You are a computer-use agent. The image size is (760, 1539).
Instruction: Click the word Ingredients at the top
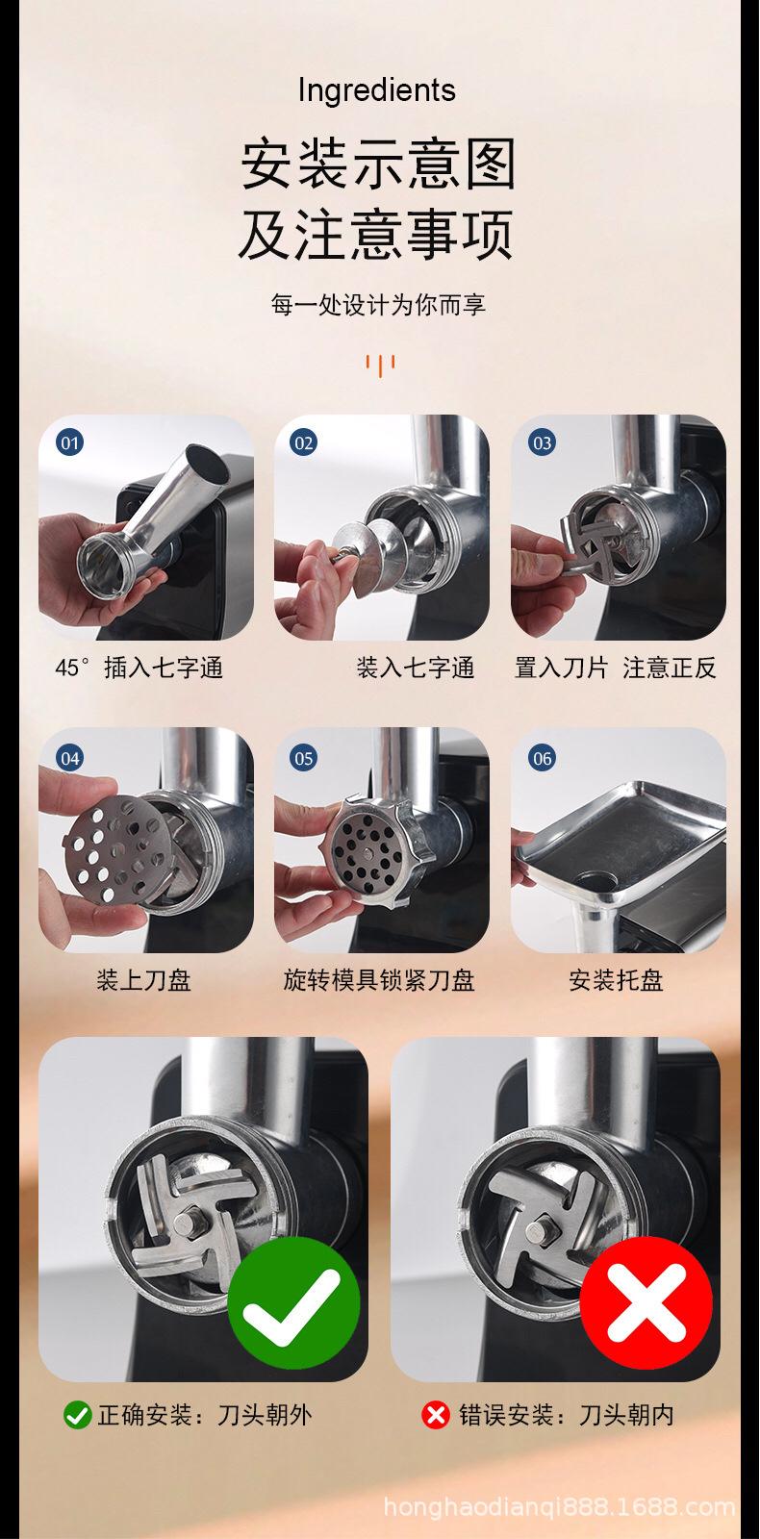pos(376,90)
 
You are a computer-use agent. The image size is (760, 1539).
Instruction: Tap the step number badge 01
pos(69,442)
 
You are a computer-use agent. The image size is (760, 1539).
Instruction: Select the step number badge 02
pos(304,442)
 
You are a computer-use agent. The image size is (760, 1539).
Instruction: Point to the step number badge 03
pos(543,442)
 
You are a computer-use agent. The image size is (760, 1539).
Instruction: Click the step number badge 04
pos(69,759)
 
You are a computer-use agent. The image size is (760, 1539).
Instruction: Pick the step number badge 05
pos(304,759)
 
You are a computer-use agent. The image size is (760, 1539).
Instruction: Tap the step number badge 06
pos(543,759)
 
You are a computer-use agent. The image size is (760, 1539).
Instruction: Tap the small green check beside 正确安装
pos(77,1415)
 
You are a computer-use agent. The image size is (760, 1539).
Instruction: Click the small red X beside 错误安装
pos(435,1415)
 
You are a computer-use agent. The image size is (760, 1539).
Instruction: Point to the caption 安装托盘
pos(617,980)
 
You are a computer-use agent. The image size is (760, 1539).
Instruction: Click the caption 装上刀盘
pos(143,980)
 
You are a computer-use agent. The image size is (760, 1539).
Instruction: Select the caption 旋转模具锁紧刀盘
pos(379,980)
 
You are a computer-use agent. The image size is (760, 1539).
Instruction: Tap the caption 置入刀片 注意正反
pos(616,668)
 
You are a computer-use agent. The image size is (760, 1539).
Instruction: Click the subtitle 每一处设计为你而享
pos(378,304)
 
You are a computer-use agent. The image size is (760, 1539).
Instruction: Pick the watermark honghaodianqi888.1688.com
pos(559,1506)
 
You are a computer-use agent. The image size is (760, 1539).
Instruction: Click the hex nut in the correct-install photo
pos(187,1223)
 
